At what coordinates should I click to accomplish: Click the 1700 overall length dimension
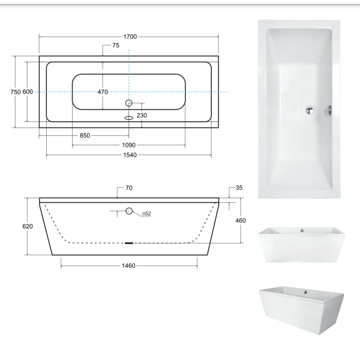click(x=131, y=37)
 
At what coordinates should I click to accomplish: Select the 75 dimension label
click(x=115, y=46)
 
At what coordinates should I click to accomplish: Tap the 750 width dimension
click(x=15, y=91)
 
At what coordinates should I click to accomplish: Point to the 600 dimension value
click(x=27, y=91)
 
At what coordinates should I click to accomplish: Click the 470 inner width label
click(x=103, y=91)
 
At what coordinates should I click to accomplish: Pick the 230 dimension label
click(x=142, y=115)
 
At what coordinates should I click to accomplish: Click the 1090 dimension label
click(x=129, y=145)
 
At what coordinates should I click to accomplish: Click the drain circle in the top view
click(x=129, y=103)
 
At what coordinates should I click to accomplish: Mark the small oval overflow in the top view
click(x=129, y=118)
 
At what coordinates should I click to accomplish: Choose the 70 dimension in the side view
click(x=129, y=188)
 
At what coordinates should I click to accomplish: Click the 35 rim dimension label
click(x=239, y=188)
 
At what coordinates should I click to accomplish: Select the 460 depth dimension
click(x=241, y=220)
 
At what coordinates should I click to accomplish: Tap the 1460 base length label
click(x=129, y=266)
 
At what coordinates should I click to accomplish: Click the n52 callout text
click(x=147, y=214)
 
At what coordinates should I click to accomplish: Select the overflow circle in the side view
click(x=129, y=211)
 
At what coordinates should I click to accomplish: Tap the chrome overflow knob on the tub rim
click(x=329, y=110)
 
